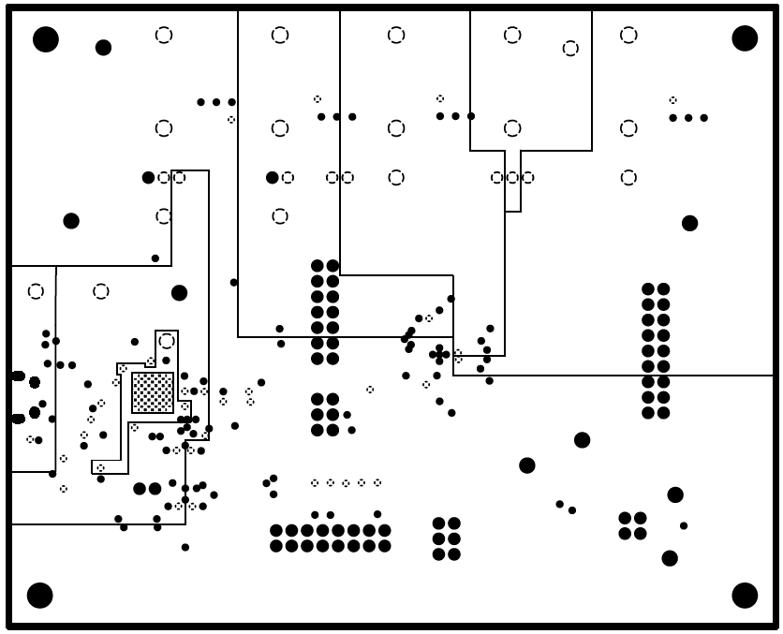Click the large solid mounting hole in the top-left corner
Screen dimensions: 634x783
point(45,39)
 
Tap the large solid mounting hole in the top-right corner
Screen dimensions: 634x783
point(745,38)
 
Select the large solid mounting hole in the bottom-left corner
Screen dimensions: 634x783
point(39,595)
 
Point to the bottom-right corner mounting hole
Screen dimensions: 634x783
point(745,595)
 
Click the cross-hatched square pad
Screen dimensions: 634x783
point(153,392)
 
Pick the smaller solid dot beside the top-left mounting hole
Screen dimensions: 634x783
point(103,48)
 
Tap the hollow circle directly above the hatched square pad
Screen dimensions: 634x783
point(166,341)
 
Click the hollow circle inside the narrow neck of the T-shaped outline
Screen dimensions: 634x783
point(512,178)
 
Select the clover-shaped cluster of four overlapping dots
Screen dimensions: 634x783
point(438,354)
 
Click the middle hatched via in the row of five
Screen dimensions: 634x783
point(346,483)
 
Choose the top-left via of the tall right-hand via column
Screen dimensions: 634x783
point(648,289)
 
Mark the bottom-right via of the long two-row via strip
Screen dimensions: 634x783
point(384,545)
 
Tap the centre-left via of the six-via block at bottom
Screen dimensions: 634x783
point(438,538)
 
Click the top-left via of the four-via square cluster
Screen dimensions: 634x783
point(625,518)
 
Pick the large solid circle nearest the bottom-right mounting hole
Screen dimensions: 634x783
point(670,558)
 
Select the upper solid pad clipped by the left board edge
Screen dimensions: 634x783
point(17,376)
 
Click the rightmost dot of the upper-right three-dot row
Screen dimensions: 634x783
point(703,118)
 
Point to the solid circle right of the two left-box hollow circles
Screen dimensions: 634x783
point(179,293)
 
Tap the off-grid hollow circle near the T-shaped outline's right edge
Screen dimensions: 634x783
point(570,49)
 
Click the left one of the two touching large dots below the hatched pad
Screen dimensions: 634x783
point(140,488)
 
